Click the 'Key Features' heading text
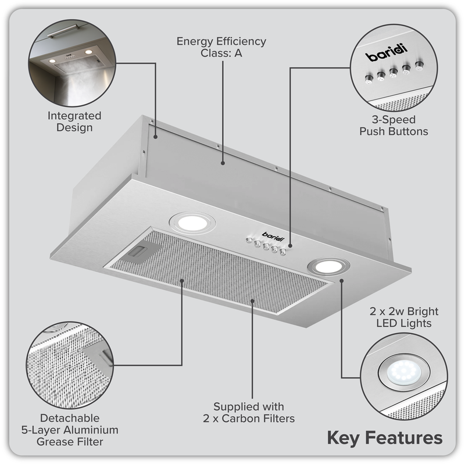tap(384, 437)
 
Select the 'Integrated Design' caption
tap(74, 121)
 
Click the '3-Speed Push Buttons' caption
tap(394, 125)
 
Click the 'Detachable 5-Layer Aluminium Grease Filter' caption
tap(70, 430)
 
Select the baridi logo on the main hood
tap(271, 234)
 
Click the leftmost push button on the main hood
tap(248, 241)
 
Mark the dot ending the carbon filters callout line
tap(252, 301)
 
